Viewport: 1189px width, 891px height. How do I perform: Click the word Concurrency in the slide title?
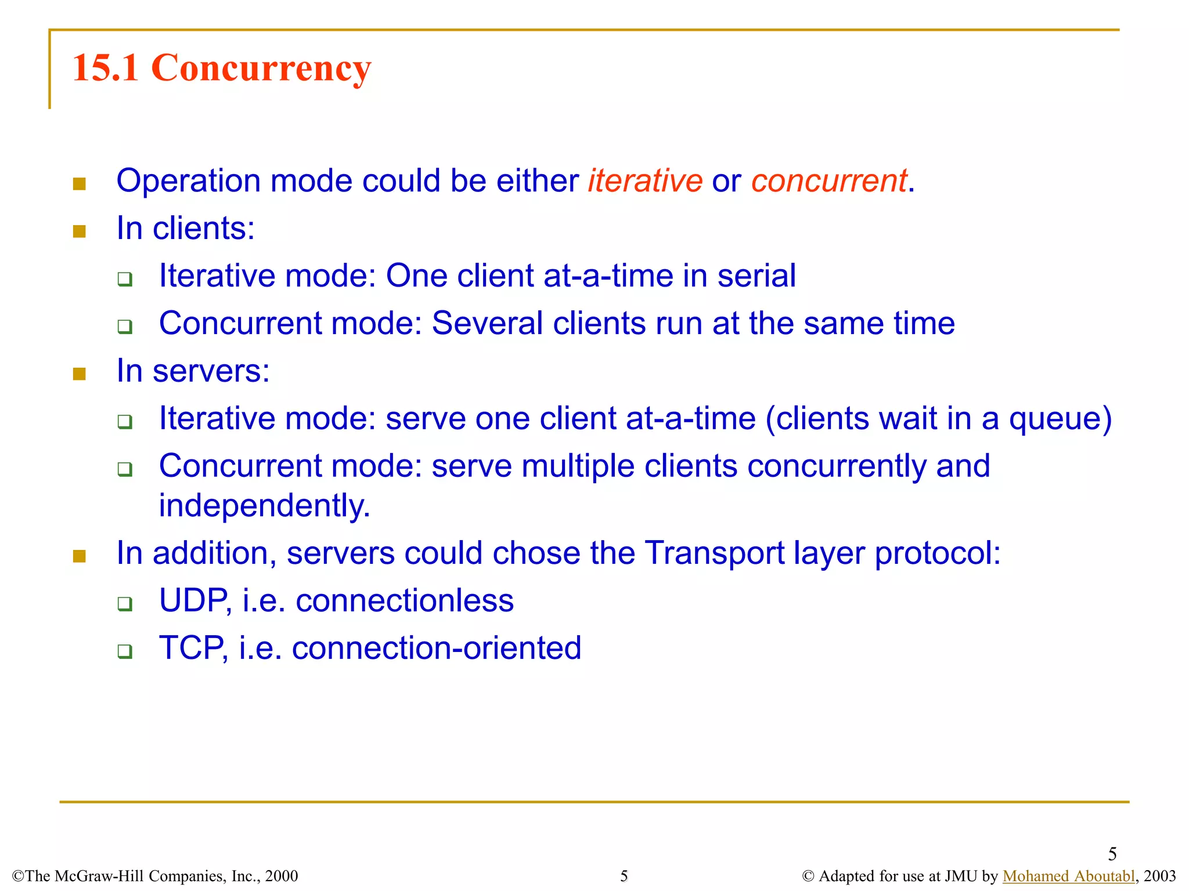coord(261,68)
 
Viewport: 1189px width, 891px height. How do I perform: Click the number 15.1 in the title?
coord(105,68)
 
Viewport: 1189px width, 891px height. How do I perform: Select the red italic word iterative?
coord(645,180)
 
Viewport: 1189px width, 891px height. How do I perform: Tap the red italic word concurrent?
coord(828,180)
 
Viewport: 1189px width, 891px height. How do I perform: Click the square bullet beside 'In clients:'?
coord(80,231)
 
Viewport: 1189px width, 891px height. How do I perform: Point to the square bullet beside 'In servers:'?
coord(80,374)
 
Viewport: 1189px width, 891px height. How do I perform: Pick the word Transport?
coord(715,553)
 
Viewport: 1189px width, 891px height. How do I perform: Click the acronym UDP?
coord(194,600)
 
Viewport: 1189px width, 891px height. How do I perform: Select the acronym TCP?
coord(192,648)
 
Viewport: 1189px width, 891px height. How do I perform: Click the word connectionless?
coord(405,600)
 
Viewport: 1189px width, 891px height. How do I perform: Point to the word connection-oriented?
coord(436,648)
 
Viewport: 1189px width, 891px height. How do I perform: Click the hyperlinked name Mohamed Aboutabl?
coord(1068,876)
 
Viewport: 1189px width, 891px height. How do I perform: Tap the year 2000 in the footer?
coord(281,876)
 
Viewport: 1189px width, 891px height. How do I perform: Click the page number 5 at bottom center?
coord(624,876)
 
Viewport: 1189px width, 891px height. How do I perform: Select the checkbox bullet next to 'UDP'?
coord(125,604)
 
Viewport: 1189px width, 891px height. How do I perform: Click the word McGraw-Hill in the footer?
coord(98,876)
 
